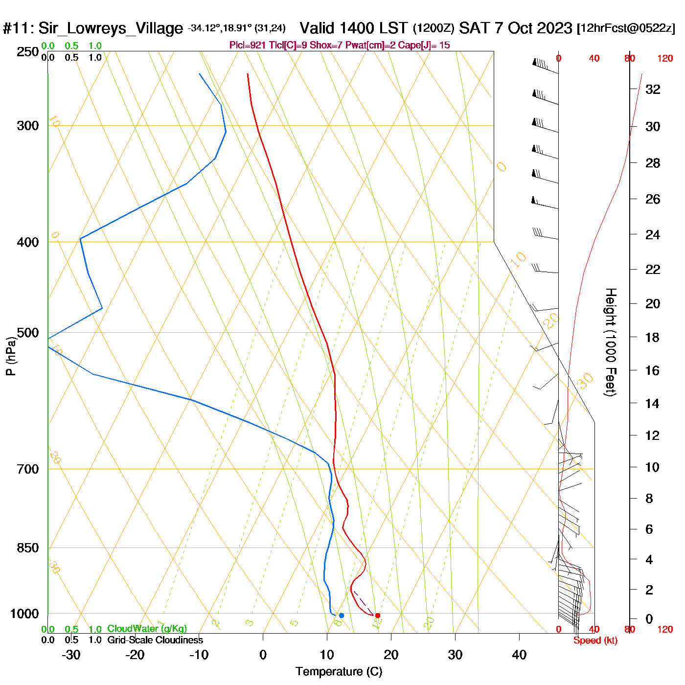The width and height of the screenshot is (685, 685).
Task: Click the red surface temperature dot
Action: [377, 616]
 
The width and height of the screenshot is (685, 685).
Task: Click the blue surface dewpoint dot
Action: [342, 616]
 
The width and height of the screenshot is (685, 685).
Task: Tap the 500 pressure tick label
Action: [27, 333]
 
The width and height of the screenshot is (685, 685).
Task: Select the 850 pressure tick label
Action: [27, 548]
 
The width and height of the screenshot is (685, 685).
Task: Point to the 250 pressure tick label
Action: [27, 52]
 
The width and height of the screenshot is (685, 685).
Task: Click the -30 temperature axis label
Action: [71, 655]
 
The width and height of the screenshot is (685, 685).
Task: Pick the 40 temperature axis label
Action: [519, 655]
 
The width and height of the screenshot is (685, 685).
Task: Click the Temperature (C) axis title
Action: [339, 672]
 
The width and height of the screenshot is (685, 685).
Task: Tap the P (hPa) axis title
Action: [11, 356]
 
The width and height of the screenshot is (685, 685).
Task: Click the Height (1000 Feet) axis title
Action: [611, 342]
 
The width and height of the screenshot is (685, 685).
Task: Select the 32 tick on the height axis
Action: [653, 89]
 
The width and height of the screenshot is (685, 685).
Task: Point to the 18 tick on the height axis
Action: [653, 337]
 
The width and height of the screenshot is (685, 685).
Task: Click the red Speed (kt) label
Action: [595, 640]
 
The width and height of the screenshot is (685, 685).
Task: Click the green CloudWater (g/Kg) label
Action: [147, 629]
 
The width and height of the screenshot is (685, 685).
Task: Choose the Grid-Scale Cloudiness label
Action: [155, 640]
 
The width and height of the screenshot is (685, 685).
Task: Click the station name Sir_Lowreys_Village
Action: [111, 28]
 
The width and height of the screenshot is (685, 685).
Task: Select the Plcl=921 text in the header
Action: [248, 46]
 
